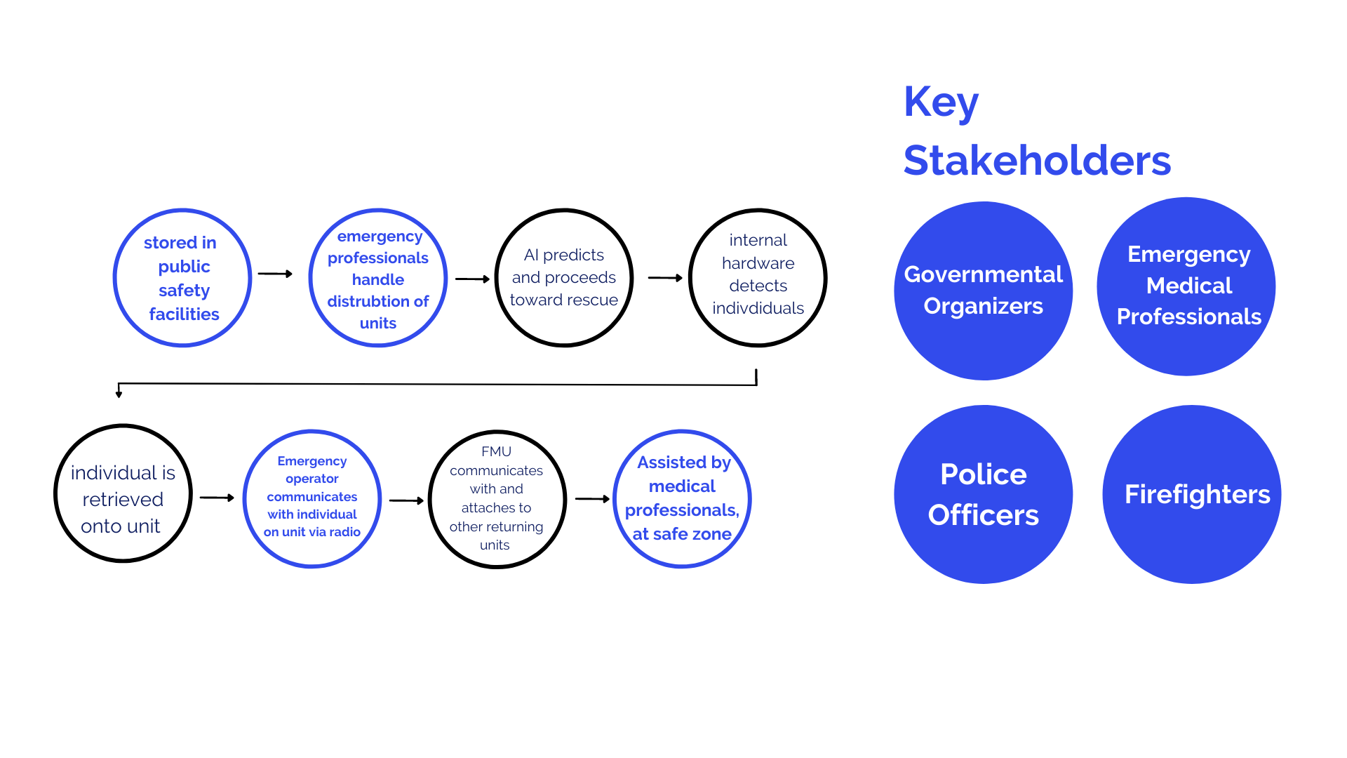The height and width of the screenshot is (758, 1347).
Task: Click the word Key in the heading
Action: pos(940,102)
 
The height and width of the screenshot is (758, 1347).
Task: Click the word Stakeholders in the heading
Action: pos(1037,161)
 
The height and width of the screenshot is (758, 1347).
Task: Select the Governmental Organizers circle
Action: pos(983,291)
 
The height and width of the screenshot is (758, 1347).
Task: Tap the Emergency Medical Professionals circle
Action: pos(1186,286)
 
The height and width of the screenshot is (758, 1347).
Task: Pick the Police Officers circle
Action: pos(983,494)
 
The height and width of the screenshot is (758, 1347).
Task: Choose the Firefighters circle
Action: pos(1192,494)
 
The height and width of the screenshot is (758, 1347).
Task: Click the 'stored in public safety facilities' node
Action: pos(182,278)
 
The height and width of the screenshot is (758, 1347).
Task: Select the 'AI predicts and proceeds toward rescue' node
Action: pos(564,278)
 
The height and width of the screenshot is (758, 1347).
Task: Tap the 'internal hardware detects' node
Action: pos(758,278)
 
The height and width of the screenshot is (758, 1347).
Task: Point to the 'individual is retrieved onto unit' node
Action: pos(123,493)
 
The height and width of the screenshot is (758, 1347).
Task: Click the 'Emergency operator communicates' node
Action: pos(312,498)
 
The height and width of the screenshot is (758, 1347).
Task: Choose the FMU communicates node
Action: pos(497,499)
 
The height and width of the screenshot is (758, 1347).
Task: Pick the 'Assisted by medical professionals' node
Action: pos(682,498)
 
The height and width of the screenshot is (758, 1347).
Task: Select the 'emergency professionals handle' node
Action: pos(378,278)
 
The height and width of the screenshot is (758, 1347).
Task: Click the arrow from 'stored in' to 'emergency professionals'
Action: pos(275,274)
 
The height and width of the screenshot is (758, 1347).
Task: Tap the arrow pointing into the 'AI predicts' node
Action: pos(472,279)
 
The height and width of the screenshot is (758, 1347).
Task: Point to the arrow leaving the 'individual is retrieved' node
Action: pos(217,498)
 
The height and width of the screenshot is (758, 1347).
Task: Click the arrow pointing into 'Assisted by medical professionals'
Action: pos(592,499)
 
